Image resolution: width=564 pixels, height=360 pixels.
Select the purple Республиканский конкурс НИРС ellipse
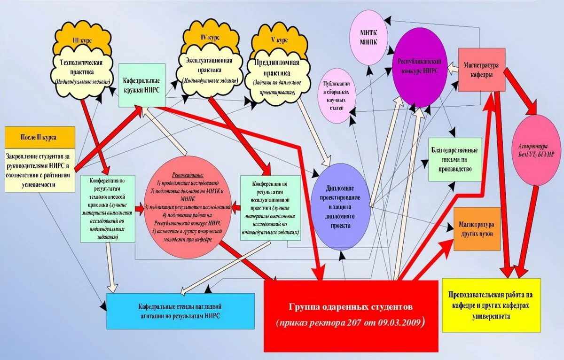419,67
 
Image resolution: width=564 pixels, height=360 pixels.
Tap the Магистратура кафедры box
481,70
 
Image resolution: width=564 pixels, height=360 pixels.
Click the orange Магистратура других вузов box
477,229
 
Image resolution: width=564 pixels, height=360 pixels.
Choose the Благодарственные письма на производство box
454,159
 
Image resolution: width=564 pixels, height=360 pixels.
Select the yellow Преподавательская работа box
491,305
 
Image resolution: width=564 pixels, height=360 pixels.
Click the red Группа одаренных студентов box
351,315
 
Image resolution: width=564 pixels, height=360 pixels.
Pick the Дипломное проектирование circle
342,203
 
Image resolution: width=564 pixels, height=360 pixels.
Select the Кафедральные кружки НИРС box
141,85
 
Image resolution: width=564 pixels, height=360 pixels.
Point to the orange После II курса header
39,137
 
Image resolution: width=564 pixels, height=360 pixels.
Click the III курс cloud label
83,40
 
